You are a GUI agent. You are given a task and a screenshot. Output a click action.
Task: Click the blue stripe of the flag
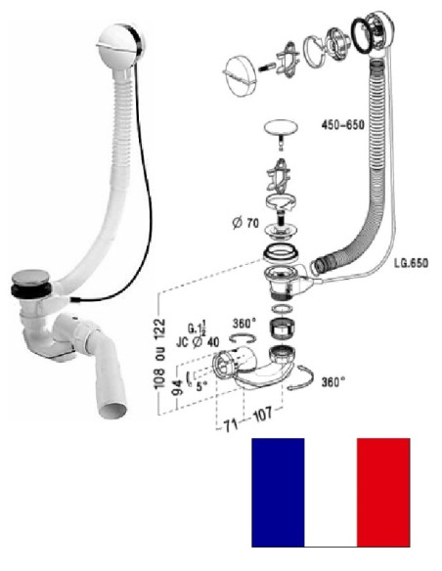(278, 492)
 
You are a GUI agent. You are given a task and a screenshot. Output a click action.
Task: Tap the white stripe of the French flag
(331, 492)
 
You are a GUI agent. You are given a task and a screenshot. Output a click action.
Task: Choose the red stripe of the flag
(383, 492)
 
